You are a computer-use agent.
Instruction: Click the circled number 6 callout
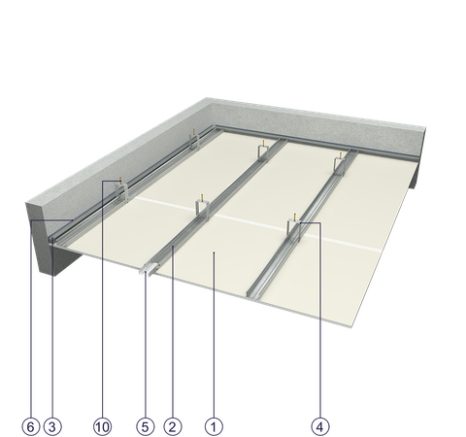point(31,426)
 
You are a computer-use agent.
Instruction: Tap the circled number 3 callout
point(52,426)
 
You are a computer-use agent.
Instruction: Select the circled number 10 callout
point(103,426)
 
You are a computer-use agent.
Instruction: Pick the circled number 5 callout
point(145,426)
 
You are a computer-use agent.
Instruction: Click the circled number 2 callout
point(173,426)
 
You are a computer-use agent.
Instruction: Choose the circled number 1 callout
point(214,426)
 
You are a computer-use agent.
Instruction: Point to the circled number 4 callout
point(320,426)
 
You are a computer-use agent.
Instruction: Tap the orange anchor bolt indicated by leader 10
point(121,181)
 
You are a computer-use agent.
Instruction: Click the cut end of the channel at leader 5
point(146,270)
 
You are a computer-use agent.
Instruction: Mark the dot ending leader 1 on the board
point(214,252)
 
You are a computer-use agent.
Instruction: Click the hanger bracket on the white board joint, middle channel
point(202,209)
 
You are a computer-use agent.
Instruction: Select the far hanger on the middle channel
point(264,151)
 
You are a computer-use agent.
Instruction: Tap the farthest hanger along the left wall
point(194,141)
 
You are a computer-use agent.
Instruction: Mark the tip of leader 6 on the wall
point(73,220)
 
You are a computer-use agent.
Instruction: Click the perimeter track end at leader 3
point(52,240)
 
